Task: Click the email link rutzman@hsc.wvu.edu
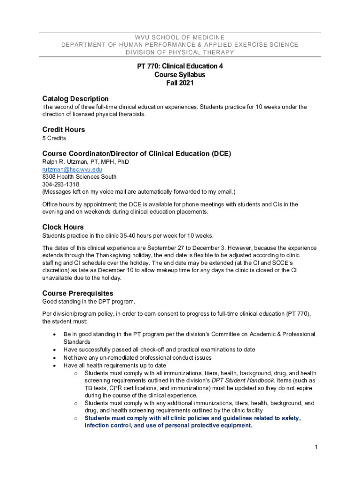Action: point(72,169)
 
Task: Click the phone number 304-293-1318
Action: point(61,184)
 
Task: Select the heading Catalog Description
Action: point(75,99)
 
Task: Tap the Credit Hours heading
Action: point(64,130)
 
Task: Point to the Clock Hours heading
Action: point(63,227)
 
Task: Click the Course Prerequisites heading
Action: point(78,293)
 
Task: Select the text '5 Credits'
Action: point(54,138)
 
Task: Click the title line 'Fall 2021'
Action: point(180,83)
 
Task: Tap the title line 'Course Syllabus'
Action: point(180,75)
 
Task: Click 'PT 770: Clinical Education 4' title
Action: point(180,66)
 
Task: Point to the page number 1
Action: point(316,447)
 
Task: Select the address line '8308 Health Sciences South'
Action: point(79,177)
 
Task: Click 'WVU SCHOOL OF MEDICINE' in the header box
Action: point(180,37)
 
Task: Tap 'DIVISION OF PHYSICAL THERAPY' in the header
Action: point(180,52)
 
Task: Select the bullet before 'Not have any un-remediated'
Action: point(56,358)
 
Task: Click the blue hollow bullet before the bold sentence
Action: point(76,418)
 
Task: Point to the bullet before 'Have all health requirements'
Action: point(56,365)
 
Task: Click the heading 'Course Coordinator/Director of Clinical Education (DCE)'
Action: point(137,153)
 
